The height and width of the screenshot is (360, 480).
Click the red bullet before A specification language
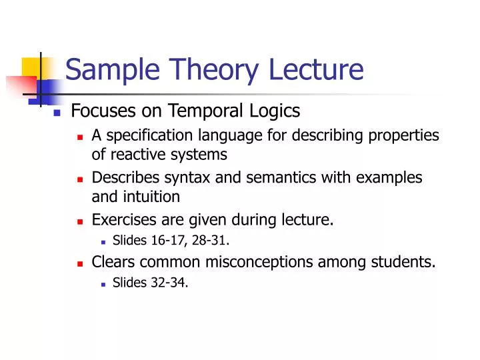tap(79, 137)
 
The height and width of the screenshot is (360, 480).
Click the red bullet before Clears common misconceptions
tap(79, 262)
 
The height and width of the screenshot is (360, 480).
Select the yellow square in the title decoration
tap(31, 67)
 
